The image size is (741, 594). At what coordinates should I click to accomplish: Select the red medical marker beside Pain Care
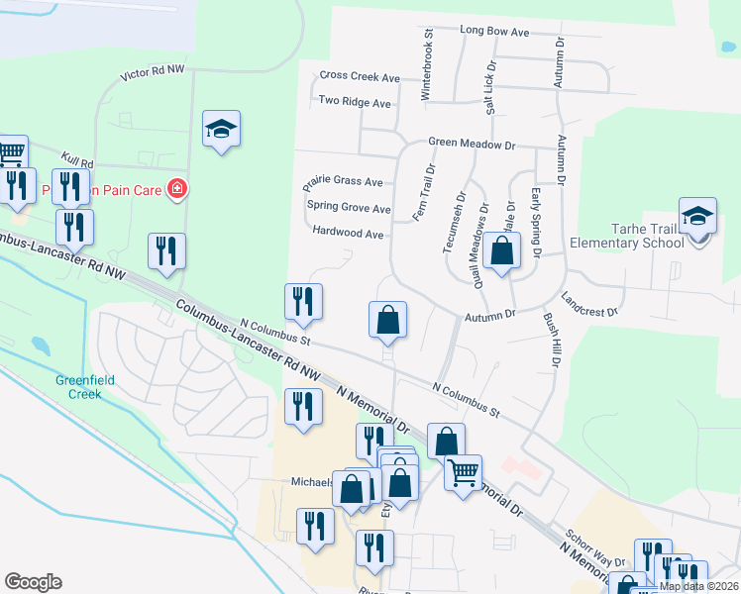click(177, 188)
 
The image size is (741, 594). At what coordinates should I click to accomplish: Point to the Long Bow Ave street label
click(494, 32)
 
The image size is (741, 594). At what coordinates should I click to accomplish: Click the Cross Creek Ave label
click(360, 77)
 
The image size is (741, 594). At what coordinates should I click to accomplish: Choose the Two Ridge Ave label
click(355, 102)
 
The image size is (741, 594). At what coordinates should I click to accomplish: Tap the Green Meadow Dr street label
click(472, 144)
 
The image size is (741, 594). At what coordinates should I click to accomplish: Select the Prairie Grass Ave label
click(343, 182)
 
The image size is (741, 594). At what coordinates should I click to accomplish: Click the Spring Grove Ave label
click(349, 208)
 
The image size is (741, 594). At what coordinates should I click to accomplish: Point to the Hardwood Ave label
click(347, 234)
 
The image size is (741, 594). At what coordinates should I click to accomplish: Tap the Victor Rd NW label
click(152, 73)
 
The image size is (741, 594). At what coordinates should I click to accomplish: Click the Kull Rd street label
click(76, 159)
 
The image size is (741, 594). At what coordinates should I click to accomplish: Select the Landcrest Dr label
click(588, 304)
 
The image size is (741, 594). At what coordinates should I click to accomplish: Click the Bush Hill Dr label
click(551, 341)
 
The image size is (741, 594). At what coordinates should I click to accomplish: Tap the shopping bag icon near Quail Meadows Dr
click(503, 252)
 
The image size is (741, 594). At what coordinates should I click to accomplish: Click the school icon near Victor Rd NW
click(221, 129)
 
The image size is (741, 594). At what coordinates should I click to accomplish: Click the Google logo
click(33, 582)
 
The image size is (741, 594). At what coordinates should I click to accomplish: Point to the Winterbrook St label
click(428, 67)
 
